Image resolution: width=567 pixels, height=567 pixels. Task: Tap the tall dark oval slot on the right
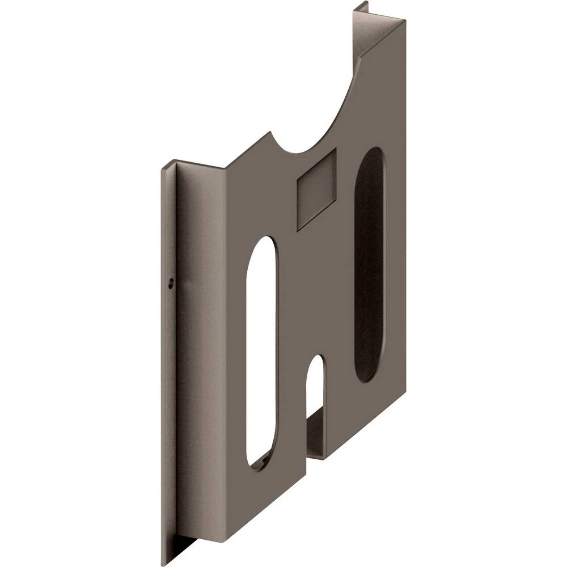(369, 264)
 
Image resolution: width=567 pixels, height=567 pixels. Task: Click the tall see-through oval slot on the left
(263, 352)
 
